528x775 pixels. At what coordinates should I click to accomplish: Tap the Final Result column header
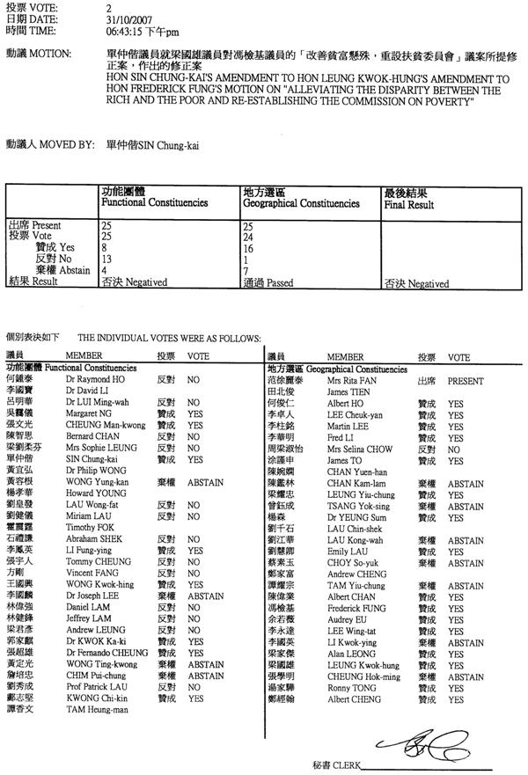409,199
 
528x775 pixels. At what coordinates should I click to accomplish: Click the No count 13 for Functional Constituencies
107,260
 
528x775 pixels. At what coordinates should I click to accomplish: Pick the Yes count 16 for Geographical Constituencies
247,248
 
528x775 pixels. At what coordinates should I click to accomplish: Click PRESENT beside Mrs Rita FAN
466,383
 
